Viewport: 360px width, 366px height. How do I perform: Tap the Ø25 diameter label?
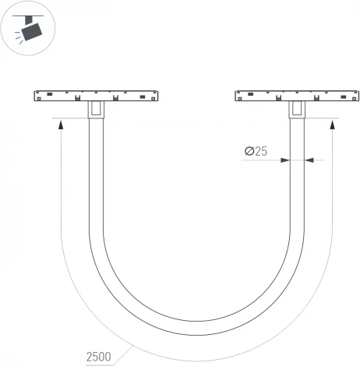click(x=255, y=152)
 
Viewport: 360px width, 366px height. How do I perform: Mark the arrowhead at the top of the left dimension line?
click(x=60, y=125)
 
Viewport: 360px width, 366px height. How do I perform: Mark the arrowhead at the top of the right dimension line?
click(x=333, y=125)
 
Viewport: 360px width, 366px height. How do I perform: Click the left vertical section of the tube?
click(x=96, y=179)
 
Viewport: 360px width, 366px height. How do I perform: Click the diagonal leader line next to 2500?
click(x=125, y=351)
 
